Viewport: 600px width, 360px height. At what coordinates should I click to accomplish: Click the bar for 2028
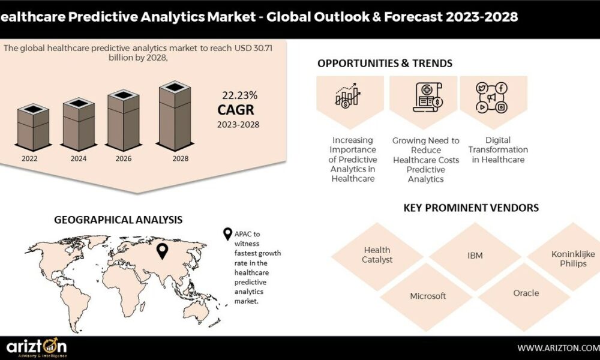coord(175,116)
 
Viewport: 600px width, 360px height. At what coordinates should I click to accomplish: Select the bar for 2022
coord(33,127)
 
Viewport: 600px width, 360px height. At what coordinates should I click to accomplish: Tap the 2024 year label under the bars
coord(79,158)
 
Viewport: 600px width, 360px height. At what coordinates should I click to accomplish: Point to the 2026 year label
coord(124,158)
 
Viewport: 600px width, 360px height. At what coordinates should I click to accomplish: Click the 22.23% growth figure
coord(240,95)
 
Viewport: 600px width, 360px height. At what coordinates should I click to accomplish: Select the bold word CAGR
coord(236,110)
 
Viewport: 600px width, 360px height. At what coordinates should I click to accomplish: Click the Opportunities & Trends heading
coord(385,63)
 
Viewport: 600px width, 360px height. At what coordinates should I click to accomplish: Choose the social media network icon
coord(492,98)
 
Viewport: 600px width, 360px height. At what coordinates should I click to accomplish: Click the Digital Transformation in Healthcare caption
coord(498,150)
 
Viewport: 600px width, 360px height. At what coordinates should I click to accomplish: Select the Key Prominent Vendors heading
coord(471,208)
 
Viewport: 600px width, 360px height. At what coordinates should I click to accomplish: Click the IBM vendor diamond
coord(475,256)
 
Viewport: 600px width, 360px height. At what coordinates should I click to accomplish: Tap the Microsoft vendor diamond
coord(428,296)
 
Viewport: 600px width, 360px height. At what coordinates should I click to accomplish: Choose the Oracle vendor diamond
coord(526,293)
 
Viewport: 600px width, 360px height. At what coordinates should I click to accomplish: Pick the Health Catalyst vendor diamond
coord(377,255)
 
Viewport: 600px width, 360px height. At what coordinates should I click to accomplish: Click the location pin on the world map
coord(163,251)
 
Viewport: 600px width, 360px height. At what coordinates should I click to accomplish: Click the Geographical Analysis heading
coord(118,220)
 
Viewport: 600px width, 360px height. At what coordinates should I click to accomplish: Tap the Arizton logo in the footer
coord(37,347)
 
